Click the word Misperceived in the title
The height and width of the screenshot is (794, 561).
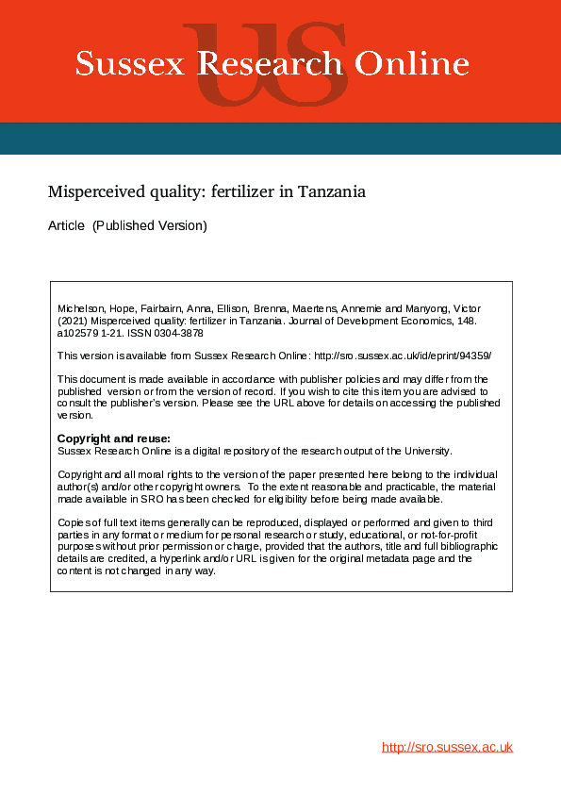pos(96,191)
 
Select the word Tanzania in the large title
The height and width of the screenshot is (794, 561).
pos(331,191)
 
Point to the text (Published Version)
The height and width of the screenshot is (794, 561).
pos(149,226)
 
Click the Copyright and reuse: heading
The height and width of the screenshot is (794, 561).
pos(113,438)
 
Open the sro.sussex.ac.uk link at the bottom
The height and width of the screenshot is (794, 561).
pos(447,747)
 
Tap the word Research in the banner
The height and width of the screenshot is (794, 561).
pos(270,64)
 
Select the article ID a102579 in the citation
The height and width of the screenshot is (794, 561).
pos(79,333)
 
